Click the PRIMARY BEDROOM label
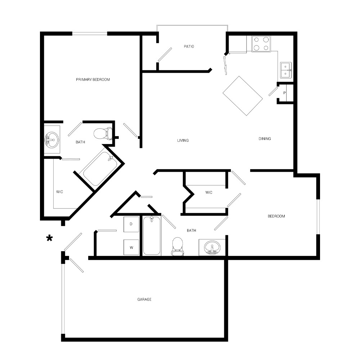(x=93, y=80)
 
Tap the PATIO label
(x=189, y=46)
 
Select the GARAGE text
(x=144, y=300)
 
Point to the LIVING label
(x=183, y=140)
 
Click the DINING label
(x=265, y=139)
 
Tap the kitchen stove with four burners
(x=261, y=44)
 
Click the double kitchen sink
(x=285, y=70)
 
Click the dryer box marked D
(x=131, y=224)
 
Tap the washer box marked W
(x=131, y=247)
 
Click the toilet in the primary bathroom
(x=103, y=134)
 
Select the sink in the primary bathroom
(x=51, y=140)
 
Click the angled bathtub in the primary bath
(x=100, y=169)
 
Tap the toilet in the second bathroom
(x=177, y=246)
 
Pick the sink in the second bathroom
(x=212, y=248)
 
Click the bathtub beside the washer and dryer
(x=152, y=235)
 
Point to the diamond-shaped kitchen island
(x=243, y=96)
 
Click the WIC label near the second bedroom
(x=209, y=192)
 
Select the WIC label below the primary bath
(x=59, y=192)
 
